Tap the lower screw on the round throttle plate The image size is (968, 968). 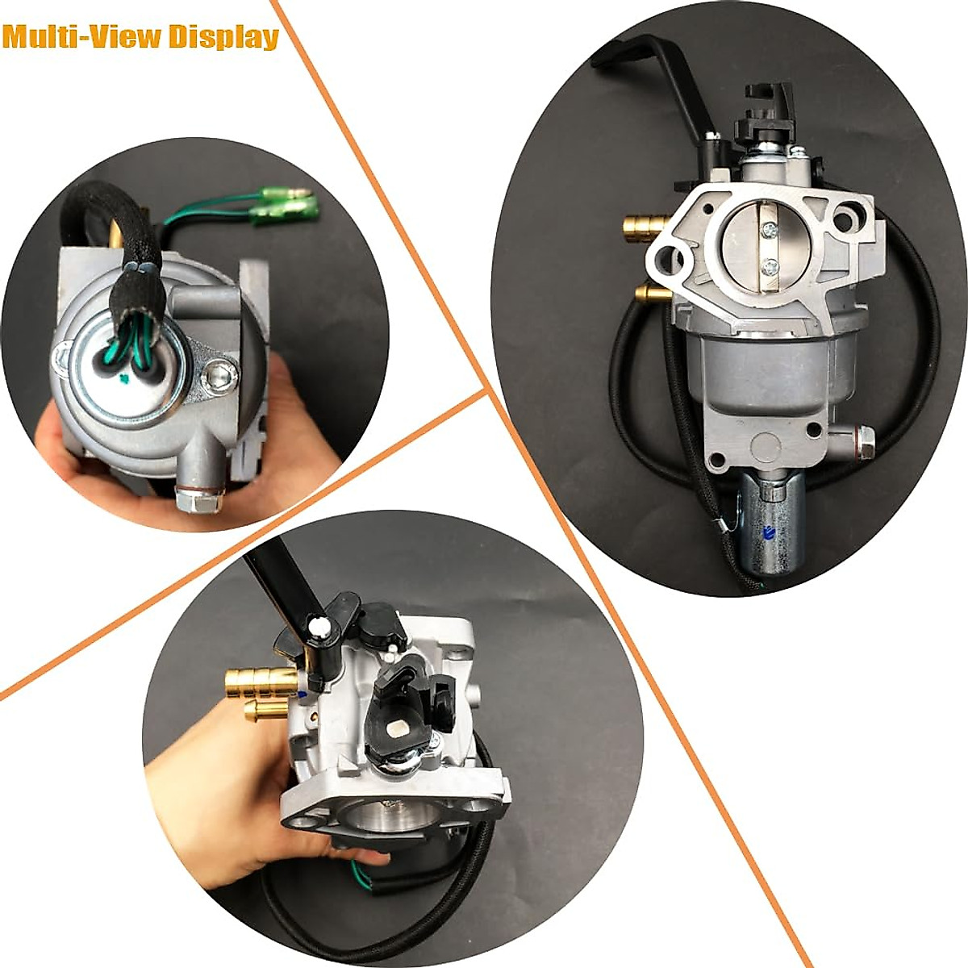pyautogui.click(x=770, y=263)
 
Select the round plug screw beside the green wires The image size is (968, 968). pyautogui.click(x=220, y=373)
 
